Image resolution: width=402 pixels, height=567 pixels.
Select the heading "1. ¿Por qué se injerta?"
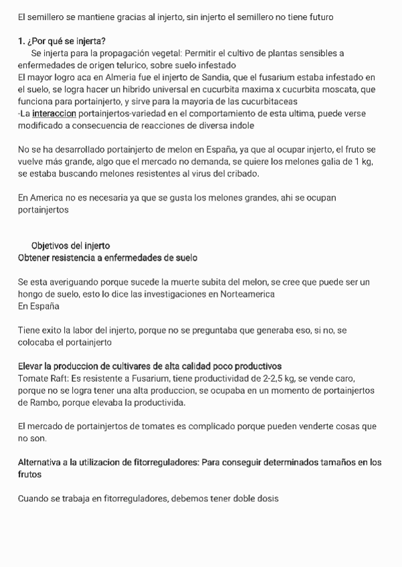point(62,41)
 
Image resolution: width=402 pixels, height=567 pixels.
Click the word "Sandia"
point(216,78)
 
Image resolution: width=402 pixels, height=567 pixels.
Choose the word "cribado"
point(241,174)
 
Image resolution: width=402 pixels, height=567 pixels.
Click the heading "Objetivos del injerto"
point(70,245)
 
